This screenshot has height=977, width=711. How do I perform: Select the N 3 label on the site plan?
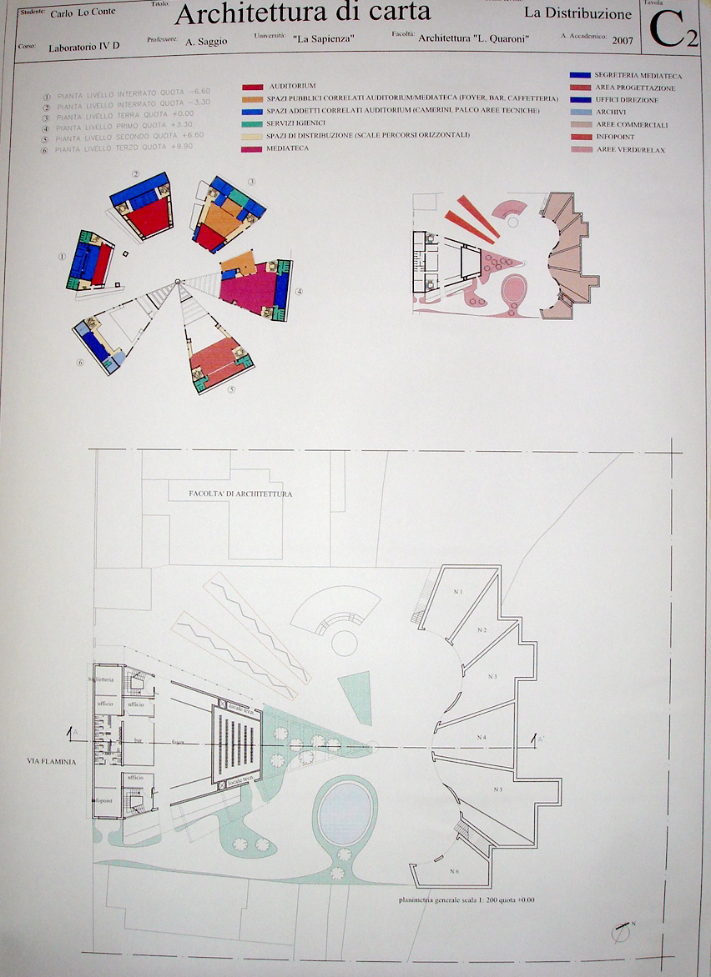[x=492, y=676]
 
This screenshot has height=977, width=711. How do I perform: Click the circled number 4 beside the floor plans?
[x=299, y=292]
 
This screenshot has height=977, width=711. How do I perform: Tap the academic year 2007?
[x=622, y=40]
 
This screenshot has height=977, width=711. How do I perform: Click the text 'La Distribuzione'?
[x=577, y=13]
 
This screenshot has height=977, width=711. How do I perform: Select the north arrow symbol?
[x=621, y=931]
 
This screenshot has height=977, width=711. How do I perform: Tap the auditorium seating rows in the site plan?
[x=240, y=741]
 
